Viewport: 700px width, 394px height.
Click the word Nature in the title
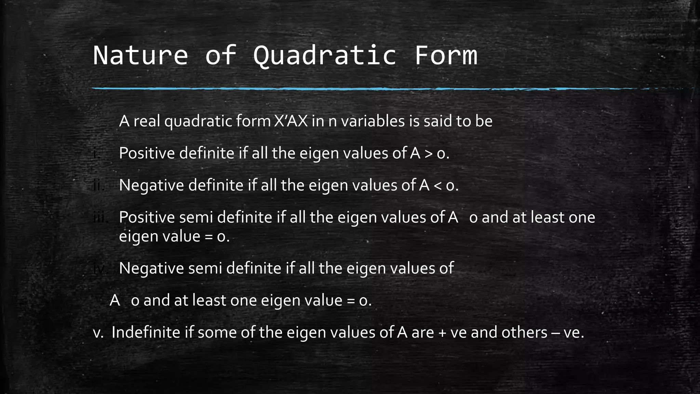click(x=140, y=55)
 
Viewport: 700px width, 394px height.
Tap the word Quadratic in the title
click(x=325, y=55)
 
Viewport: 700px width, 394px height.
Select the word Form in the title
click(x=446, y=55)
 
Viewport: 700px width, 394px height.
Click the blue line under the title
click(x=342, y=89)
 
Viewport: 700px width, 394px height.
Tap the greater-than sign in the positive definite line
click(x=428, y=154)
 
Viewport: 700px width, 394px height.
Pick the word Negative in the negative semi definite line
click(x=151, y=268)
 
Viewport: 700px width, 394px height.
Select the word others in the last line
click(x=524, y=332)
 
